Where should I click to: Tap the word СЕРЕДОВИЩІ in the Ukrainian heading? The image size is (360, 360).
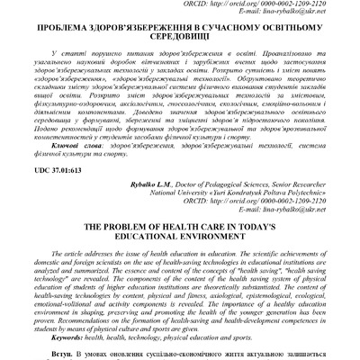(180, 52)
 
